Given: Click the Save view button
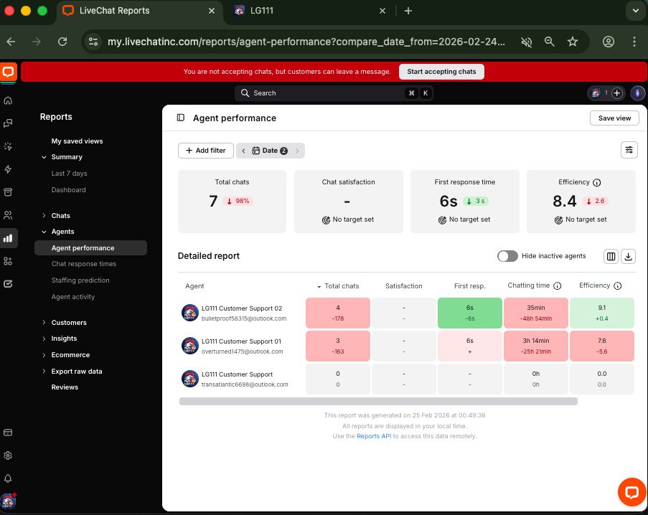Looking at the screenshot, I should pyautogui.click(x=614, y=118).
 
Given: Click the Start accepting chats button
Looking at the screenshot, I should pyautogui.click(x=441, y=72).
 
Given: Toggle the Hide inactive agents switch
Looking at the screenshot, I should pyautogui.click(x=507, y=256).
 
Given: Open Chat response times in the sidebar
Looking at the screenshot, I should pyautogui.click(x=84, y=264).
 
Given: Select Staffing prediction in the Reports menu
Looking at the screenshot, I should pyautogui.click(x=80, y=280).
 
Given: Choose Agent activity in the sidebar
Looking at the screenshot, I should pyautogui.click(x=73, y=297).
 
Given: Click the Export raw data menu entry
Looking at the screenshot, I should pyautogui.click(x=77, y=372).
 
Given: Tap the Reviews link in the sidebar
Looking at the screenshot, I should pyautogui.click(x=65, y=387).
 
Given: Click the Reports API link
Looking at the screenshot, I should pyautogui.click(x=372, y=436).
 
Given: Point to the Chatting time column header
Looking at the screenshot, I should pyautogui.click(x=528, y=285).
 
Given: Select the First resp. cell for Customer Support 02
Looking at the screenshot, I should pyautogui.click(x=469, y=313).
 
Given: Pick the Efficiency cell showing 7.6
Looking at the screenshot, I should pyautogui.click(x=602, y=346).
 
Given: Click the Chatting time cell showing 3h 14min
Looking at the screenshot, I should pyautogui.click(x=535, y=346).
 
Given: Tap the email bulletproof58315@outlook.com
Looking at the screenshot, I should pyautogui.click(x=244, y=318).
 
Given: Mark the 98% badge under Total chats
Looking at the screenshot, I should pyautogui.click(x=238, y=201).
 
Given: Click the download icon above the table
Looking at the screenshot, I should pyautogui.click(x=629, y=256).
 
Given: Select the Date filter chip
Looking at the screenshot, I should pyautogui.click(x=270, y=151).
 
